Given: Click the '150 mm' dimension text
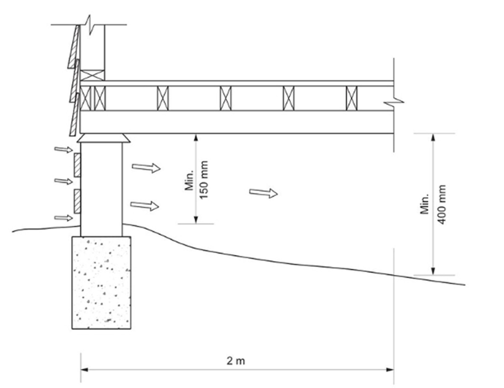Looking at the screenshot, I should pos(204,180).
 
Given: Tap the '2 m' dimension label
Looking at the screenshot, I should pos(236,361).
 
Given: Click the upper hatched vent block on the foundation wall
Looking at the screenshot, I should pos(77,165).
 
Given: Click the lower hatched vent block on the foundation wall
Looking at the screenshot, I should pos(77,201).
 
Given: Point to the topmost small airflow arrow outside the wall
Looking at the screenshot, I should pos(63,149).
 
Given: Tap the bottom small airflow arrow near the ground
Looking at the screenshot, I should pos(63,218).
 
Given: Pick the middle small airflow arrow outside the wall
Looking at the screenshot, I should pos(63,181).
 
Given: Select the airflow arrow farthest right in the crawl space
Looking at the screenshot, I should pos(263,193).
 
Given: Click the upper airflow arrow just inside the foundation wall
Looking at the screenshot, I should pos(146,168).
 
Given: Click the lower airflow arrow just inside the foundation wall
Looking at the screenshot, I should pos(145,205).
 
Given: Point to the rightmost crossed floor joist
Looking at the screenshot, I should pos(352,98).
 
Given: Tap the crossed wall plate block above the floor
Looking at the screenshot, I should pos(92,75).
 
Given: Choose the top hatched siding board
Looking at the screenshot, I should pos(74,47).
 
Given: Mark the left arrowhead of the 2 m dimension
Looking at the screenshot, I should pos(84,370).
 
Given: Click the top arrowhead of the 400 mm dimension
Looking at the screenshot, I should pos(433,137).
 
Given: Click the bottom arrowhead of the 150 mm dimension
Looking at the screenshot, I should pos(196,220).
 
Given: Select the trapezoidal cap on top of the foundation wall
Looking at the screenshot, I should pos(103,138).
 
